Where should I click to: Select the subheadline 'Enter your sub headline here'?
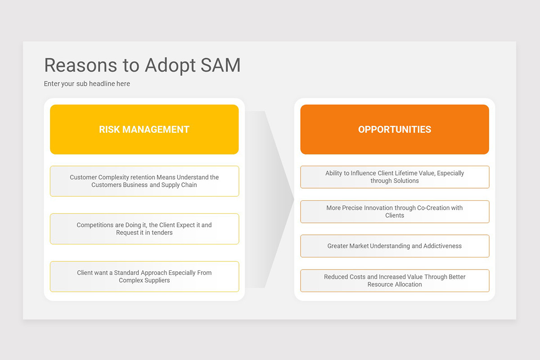pos(87,84)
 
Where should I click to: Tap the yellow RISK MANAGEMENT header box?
pos(144,130)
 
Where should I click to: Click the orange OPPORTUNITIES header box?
pos(395,130)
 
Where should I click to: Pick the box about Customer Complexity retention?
pos(144,181)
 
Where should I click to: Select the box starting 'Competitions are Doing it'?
pos(144,229)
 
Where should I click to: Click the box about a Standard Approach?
pos(144,276)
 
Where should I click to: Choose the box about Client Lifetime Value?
pos(395,177)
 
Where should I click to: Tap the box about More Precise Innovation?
pos(395,211)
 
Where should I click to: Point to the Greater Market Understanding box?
pos(395,246)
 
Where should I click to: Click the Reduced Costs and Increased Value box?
pos(395,280)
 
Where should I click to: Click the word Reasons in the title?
pos(81,65)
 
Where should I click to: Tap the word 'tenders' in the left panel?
pos(162,233)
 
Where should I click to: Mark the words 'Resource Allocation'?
pos(395,284)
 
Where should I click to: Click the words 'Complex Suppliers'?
pos(144,280)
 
